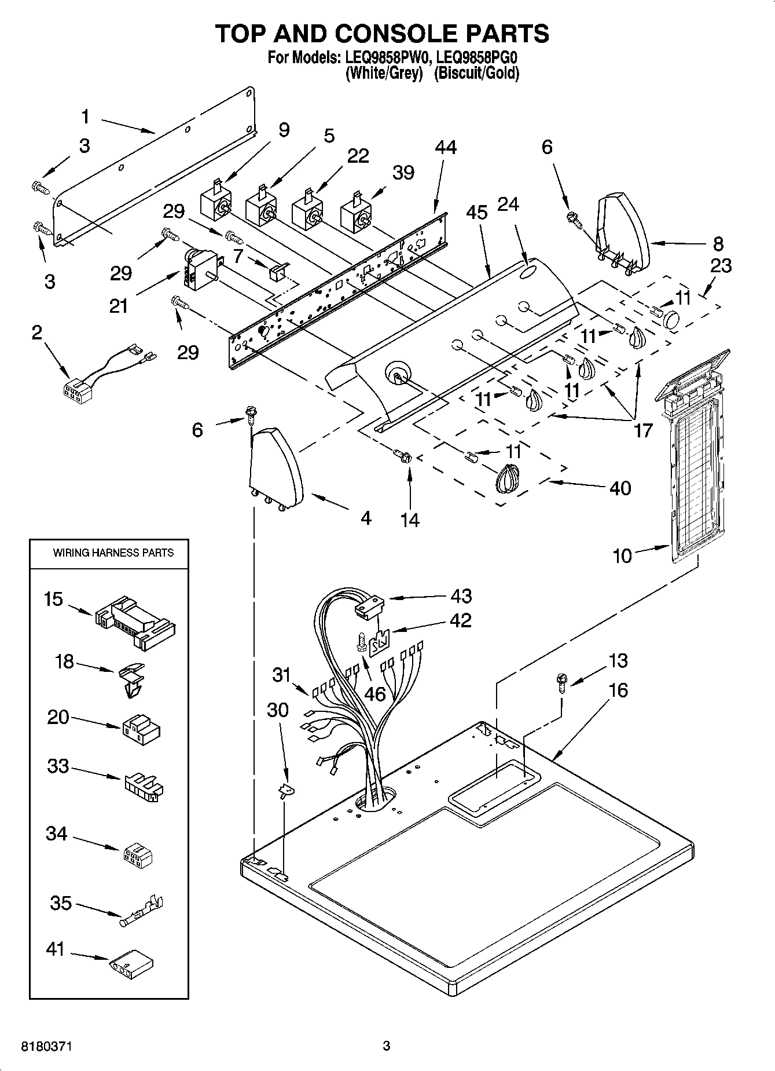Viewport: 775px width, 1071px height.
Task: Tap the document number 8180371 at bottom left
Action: coord(46,1046)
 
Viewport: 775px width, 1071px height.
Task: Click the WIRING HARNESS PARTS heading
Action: coord(113,553)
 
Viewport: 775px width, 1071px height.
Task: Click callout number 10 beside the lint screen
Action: coord(622,556)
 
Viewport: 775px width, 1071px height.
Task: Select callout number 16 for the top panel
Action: coord(618,690)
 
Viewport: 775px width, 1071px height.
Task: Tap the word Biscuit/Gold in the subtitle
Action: coord(476,74)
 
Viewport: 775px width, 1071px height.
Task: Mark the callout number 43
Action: coord(461,595)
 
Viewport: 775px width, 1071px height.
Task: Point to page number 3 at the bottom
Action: coord(387,1046)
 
